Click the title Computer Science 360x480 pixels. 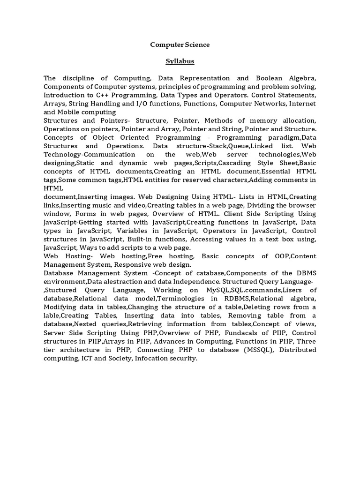[180, 45]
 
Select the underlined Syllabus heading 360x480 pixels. [180, 61]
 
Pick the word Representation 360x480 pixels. [202, 78]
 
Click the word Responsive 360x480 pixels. [147, 264]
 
